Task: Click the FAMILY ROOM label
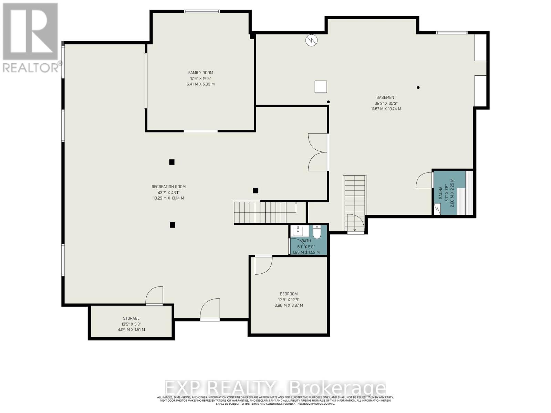coord(200,73)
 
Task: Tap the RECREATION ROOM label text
coord(168,187)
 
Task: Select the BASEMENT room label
coord(386,97)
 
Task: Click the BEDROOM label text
coord(288,294)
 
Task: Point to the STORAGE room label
coord(131,318)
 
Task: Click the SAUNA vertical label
coord(440,193)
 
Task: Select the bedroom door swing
coord(263,265)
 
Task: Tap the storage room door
coord(155,296)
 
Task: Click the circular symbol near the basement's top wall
coord(312,41)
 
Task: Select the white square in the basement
coord(321,87)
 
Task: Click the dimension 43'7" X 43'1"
coord(168,193)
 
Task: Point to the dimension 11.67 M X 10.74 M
coord(386,109)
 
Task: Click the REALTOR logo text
coord(31,67)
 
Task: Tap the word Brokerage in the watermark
coord(338,388)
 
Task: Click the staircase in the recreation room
coord(265,212)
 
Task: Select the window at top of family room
coord(202,11)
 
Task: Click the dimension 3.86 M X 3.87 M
coord(288,305)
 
